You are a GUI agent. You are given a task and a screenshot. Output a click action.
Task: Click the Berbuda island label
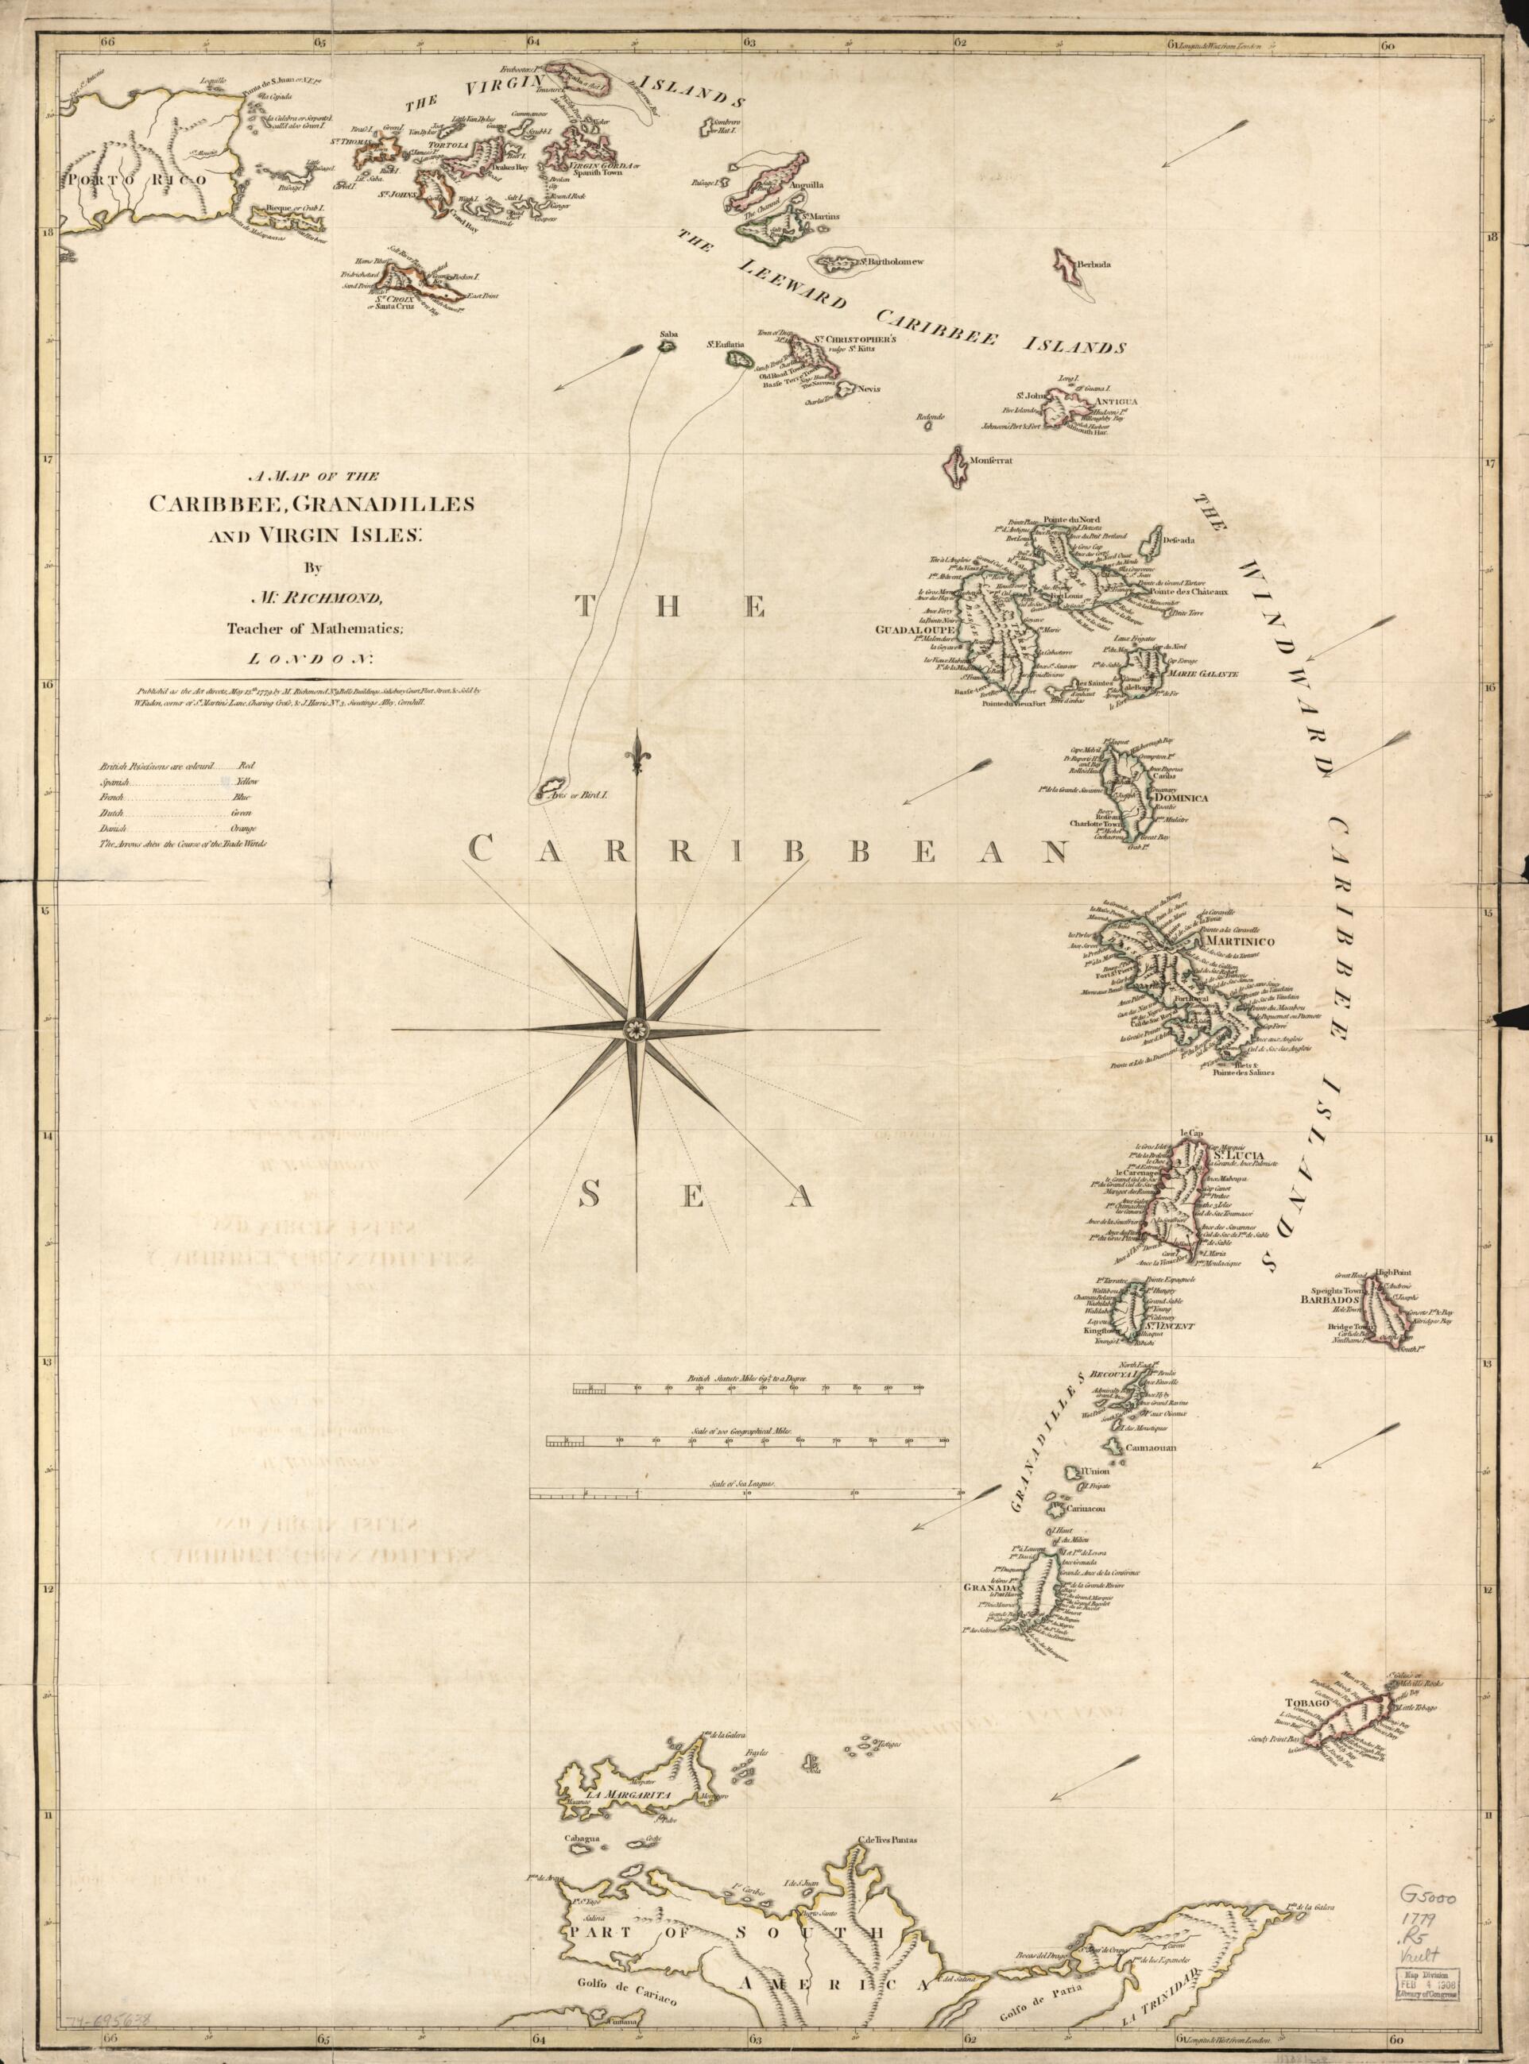click(x=1101, y=264)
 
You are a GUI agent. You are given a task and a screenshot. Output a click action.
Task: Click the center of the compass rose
click(x=636, y=1029)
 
